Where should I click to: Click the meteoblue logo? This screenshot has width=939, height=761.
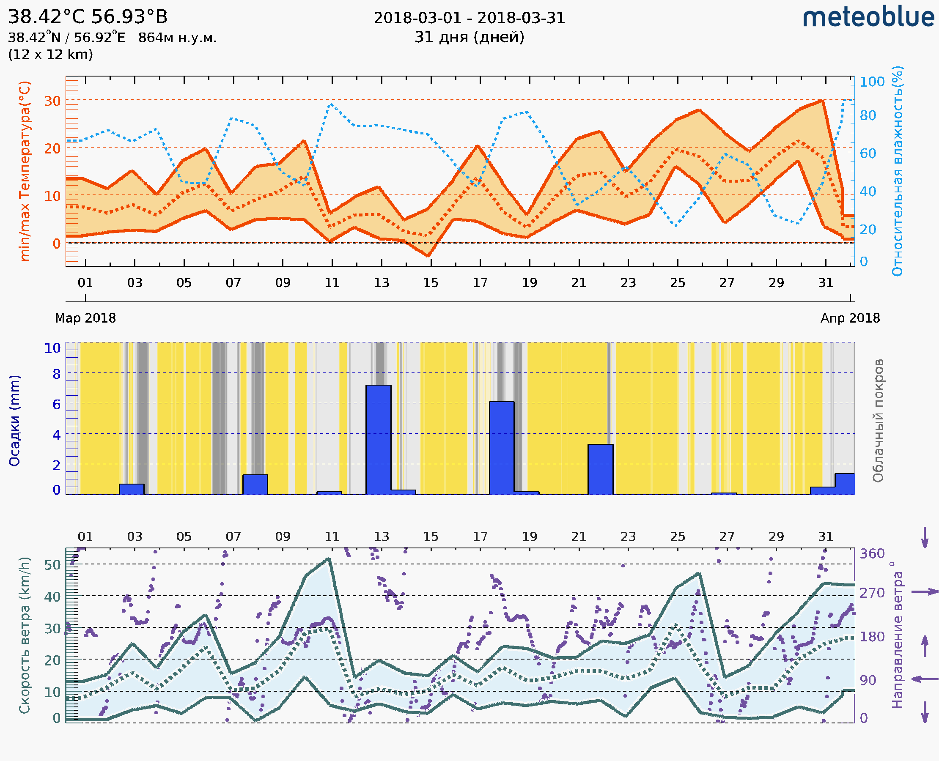(868, 17)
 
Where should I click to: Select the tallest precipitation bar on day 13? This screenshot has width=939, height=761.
(378, 439)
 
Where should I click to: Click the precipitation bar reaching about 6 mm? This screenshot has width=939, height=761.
(501, 448)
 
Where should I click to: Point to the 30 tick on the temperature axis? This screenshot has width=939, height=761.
(52, 101)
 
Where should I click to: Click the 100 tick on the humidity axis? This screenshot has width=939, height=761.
(872, 82)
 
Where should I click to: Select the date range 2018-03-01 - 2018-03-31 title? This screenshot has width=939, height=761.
(469, 18)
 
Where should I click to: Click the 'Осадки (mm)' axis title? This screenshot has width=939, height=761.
(14, 420)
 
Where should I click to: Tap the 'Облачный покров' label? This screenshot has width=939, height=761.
(878, 420)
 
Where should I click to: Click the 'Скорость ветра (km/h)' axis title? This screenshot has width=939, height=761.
(25, 635)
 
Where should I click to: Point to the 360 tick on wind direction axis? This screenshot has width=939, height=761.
(872, 554)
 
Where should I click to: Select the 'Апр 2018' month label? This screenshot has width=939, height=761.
(850, 318)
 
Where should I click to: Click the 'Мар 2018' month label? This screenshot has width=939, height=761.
(85, 318)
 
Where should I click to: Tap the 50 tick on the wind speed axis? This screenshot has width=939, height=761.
(52, 564)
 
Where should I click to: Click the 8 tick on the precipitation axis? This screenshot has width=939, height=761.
(57, 374)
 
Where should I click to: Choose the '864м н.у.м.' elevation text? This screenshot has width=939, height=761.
(177, 38)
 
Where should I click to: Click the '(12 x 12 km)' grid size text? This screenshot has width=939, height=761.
(50, 55)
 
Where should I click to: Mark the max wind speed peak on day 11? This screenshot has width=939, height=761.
(329, 558)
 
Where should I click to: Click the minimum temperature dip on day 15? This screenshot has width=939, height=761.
(428, 255)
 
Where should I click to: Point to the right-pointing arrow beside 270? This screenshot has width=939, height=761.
(925, 592)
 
